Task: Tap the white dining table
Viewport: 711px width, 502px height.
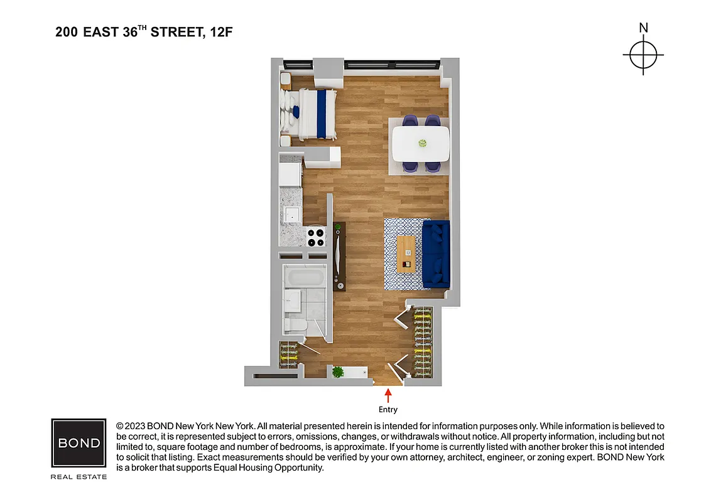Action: (421, 143)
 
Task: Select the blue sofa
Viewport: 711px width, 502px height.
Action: (436, 254)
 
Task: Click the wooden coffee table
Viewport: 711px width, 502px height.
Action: (406, 254)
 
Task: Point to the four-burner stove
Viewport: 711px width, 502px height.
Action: (317, 237)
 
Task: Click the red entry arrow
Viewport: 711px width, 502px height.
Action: (388, 396)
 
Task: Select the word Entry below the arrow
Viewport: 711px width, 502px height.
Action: (388, 410)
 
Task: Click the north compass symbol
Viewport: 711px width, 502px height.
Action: (643, 55)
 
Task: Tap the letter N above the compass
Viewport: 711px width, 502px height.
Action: (643, 28)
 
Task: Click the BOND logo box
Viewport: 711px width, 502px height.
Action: (79, 442)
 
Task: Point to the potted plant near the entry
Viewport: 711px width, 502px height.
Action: (339, 372)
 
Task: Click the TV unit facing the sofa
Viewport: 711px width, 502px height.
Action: (339, 256)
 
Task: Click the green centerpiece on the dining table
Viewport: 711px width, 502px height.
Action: (421, 143)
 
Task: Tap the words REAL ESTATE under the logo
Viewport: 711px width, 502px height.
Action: (79, 477)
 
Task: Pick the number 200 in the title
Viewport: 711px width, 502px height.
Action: (67, 32)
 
